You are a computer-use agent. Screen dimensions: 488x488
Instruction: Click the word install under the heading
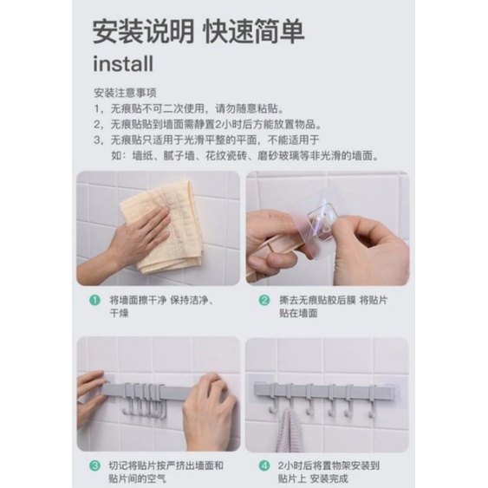tap(123, 64)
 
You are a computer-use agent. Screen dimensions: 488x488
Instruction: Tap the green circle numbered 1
tap(95, 300)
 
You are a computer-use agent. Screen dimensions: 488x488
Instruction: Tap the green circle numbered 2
tap(264, 300)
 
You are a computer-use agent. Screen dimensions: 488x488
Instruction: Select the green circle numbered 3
tap(95, 466)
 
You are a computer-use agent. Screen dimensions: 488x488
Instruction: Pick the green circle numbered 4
tap(264, 466)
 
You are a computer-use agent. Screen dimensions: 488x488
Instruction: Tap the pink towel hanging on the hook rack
tap(288, 431)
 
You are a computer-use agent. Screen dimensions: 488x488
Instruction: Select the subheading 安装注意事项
tap(125, 93)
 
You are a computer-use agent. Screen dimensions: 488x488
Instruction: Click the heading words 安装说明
tap(143, 32)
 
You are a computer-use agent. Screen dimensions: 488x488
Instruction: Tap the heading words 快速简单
tap(253, 32)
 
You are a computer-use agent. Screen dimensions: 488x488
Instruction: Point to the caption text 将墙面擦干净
tap(138, 300)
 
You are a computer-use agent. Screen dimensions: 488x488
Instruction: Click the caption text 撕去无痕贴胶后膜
tap(317, 300)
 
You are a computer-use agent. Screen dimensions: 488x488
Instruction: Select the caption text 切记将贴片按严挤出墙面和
tap(166, 466)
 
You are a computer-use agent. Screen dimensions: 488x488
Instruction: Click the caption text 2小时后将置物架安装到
tap(329, 466)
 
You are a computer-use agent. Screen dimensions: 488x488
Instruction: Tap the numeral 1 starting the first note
tap(96, 109)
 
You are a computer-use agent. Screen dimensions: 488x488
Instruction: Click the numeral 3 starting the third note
tap(97, 140)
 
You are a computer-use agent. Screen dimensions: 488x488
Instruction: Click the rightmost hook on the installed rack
tap(372, 401)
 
